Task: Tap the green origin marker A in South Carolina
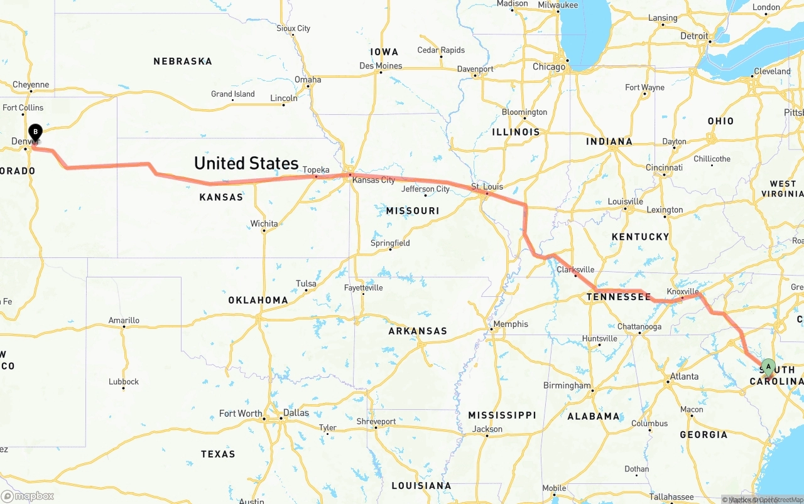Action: (768, 367)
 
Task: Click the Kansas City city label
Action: (374, 180)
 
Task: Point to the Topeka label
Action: (316, 170)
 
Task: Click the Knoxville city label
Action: (683, 292)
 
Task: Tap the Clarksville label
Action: (575, 270)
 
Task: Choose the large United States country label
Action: (246, 163)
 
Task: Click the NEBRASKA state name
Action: (183, 62)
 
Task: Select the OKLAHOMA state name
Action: (258, 300)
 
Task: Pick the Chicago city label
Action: (549, 67)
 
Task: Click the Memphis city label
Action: (511, 324)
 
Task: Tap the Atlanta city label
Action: (684, 377)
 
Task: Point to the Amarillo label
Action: (124, 321)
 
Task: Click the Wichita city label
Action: (264, 224)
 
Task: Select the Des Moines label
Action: (381, 66)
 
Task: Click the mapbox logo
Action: (28, 496)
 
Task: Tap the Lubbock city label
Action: (124, 382)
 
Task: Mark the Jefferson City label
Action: (426, 189)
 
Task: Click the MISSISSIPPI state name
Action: (502, 416)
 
